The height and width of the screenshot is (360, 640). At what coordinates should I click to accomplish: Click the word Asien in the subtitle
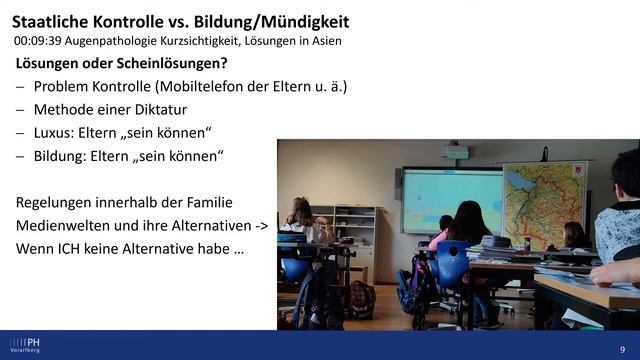(322, 41)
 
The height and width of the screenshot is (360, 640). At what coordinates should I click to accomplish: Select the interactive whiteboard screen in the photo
(451, 200)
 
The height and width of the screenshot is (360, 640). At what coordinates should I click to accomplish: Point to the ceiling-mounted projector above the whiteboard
(456, 152)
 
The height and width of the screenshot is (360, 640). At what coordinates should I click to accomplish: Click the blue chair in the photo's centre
(452, 265)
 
